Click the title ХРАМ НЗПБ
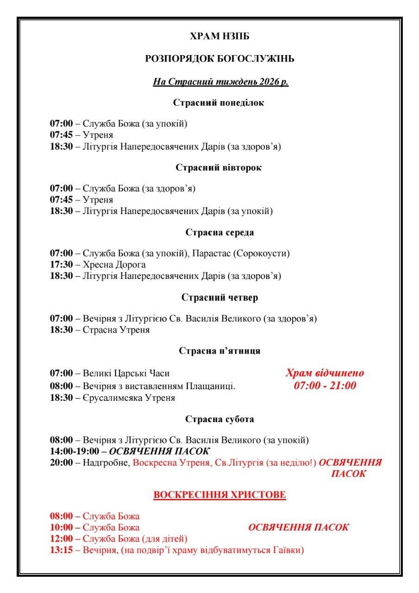220,36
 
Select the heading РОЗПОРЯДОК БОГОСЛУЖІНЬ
220,59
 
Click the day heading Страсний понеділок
219,103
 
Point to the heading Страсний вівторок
219,168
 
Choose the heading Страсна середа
219,232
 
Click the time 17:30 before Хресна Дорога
61,265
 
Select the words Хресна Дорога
114,265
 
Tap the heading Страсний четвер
219,297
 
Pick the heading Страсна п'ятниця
219,351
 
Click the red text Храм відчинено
325,373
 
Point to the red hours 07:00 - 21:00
325,385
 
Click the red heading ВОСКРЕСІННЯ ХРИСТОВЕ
219,495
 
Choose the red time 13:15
61,550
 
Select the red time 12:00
61,538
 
